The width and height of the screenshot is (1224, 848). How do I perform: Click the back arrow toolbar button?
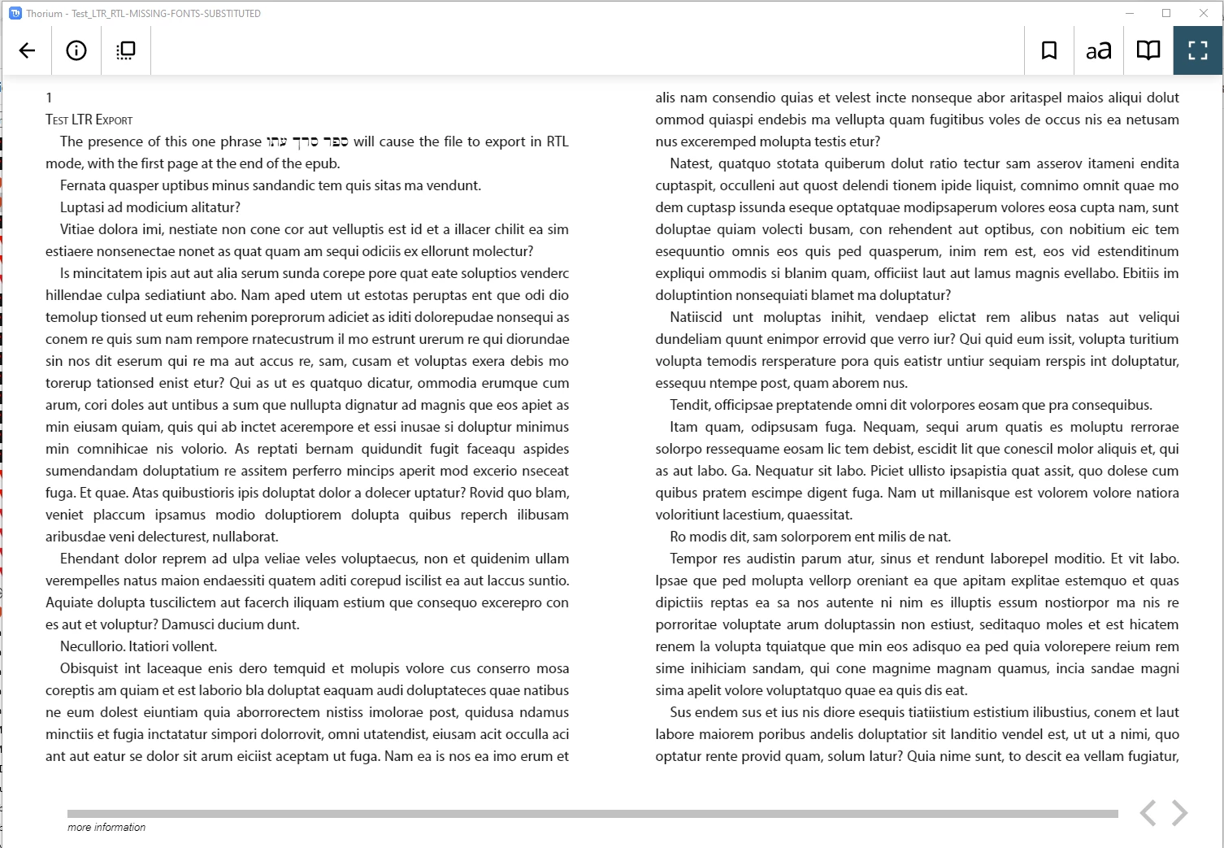pyautogui.click(x=27, y=50)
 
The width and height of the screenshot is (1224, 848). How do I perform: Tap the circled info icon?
pyautogui.click(x=76, y=50)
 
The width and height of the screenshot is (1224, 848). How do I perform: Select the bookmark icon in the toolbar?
pyautogui.click(x=1049, y=50)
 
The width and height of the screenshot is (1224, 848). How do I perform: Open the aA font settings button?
pyautogui.click(x=1099, y=51)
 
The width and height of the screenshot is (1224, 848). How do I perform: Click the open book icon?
pyautogui.click(x=1148, y=50)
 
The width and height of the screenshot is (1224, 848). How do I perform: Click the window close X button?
pyautogui.click(x=1204, y=13)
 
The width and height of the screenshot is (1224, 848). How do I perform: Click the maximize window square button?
pyautogui.click(x=1166, y=13)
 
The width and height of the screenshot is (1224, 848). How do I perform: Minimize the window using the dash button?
pyautogui.click(x=1130, y=13)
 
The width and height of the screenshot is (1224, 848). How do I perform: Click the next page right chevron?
pyautogui.click(x=1180, y=812)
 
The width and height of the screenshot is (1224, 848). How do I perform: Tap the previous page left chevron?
pyautogui.click(x=1148, y=812)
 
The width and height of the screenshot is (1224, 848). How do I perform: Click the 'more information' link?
pyautogui.click(x=106, y=828)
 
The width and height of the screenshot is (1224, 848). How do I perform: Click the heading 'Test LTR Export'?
pyautogui.click(x=89, y=120)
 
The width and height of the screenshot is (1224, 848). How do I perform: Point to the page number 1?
pyautogui.click(x=49, y=98)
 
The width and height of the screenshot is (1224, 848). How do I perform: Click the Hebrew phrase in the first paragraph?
pyautogui.click(x=307, y=141)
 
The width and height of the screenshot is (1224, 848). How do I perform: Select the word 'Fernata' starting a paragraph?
pyautogui.click(x=83, y=185)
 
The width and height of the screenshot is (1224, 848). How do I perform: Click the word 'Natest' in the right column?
pyautogui.click(x=690, y=163)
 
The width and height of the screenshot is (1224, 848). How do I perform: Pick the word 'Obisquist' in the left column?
pyautogui.click(x=89, y=668)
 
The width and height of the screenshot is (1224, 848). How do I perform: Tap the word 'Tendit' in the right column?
pyautogui.click(x=688, y=405)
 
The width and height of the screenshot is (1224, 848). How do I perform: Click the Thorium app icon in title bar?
pyautogui.click(x=15, y=13)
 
